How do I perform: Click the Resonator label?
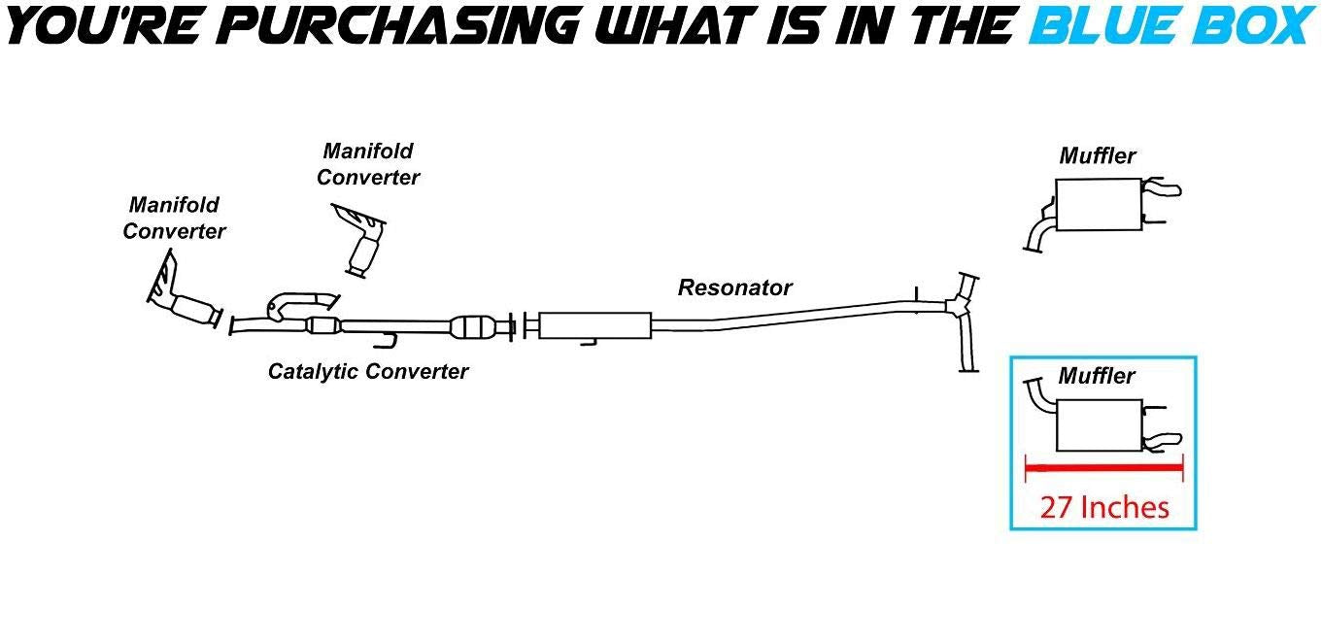click(734, 287)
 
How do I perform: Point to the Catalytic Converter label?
click(368, 371)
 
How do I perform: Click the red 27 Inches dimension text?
click(1104, 506)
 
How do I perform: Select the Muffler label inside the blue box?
click(1097, 376)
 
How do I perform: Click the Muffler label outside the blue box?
click(1098, 155)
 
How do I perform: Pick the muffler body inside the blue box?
click(1098, 425)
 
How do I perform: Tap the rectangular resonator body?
click(593, 325)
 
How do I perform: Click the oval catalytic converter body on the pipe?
click(475, 327)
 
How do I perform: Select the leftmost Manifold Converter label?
click(174, 219)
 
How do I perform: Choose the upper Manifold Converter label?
click(368, 164)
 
